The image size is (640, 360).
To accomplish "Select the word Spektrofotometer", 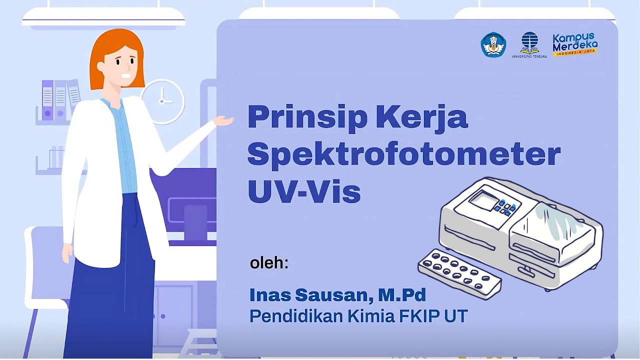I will pyautogui.click(x=403, y=154).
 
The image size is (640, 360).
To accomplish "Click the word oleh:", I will pyautogui.click(x=269, y=263).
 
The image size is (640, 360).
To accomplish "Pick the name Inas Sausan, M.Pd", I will pyautogui.click(x=337, y=295).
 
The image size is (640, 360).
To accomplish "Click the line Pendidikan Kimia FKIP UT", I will pyautogui.click(x=358, y=316).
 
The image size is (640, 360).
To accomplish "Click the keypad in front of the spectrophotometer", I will pyautogui.click(x=459, y=273).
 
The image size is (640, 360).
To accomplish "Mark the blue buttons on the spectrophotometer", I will pyautogui.click(x=505, y=207).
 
